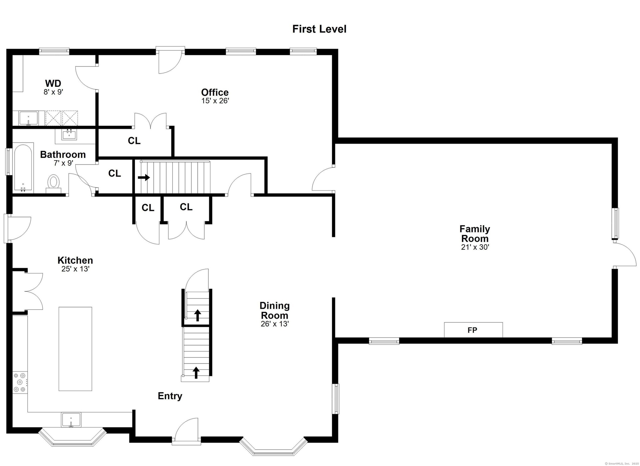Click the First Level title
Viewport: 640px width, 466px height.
(319, 29)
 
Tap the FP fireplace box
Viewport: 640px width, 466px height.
(473, 330)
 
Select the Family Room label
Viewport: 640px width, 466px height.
(475, 234)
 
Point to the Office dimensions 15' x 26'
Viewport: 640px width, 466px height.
(215, 101)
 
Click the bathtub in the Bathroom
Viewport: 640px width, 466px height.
(23, 168)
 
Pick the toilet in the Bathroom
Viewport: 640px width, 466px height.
(53, 184)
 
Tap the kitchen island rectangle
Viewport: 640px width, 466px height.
(75, 349)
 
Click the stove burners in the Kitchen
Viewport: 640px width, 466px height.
(20, 382)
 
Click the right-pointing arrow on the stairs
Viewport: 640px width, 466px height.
(144, 178)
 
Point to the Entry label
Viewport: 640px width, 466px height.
(170, 396)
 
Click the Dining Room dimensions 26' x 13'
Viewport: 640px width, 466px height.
(275, 324)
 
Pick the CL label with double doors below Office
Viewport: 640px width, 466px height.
(134, 141)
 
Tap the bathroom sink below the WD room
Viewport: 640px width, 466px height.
(69, 135)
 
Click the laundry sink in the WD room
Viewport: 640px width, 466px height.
(28, 119)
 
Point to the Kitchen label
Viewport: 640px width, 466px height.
(75, 260)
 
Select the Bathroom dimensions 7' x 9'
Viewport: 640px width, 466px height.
(63, 163)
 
